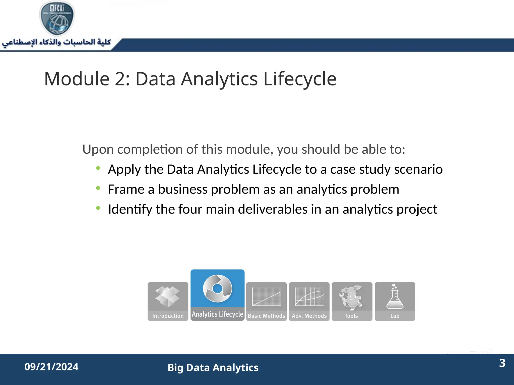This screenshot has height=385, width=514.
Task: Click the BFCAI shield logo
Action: click(x=57, y=18)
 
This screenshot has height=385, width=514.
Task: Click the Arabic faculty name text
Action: click(x=56, y=42)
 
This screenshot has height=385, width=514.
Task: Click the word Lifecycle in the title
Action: click(x=300, y=79)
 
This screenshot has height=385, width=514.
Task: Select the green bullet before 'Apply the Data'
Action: click(x=98, y=168)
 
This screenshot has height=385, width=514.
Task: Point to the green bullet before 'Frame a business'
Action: click(x=98, y=188)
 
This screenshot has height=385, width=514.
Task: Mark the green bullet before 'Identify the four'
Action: click(x=98, y=208)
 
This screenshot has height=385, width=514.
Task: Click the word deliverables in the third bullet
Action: click(x=273, y=209)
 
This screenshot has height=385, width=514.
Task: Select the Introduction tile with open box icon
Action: click(x=168, y=301)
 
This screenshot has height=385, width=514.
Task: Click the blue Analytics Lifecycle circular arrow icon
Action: click(x=217, y=288)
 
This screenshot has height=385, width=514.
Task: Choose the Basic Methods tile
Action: click(x=266, y=301)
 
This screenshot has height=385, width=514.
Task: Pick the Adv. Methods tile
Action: click(x=309, y=301)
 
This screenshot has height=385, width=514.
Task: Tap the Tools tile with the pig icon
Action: click(x=352, y=301)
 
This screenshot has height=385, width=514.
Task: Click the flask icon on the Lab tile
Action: click(x=395, y=297)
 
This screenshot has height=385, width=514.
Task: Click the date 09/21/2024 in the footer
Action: click(x=51, y=367)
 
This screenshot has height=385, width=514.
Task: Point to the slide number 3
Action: click(x=502, y=363)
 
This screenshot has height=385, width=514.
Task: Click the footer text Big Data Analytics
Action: click(x=213, y=368)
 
